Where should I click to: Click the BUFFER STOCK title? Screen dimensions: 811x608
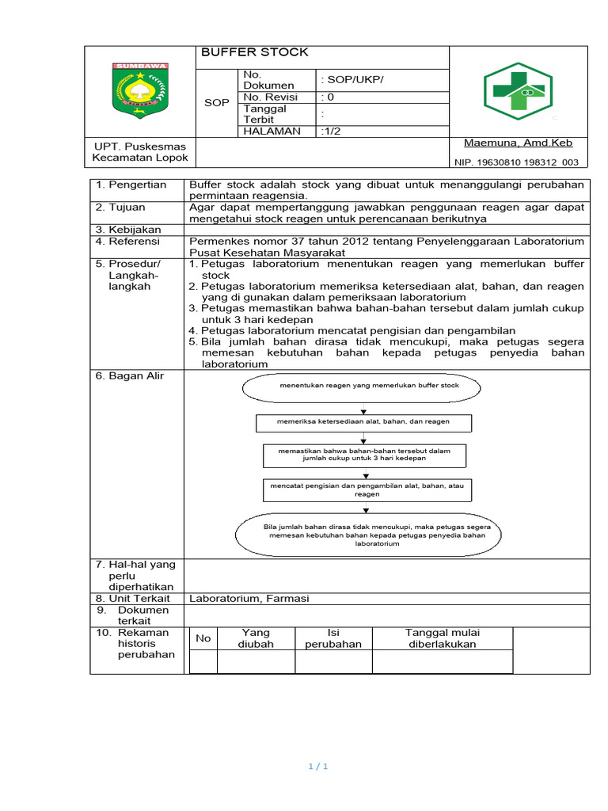[x=254, y=53]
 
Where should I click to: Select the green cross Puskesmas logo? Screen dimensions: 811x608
[x=519, y=91]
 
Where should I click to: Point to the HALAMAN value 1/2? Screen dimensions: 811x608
[x=332, y=131]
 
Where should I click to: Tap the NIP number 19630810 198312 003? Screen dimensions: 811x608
[x=515, y=162]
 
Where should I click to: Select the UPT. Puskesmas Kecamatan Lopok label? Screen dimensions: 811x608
[x=140, y=152]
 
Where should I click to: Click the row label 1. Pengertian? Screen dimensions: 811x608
[x=131, y=185]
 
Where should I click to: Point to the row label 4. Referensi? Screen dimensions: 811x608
[x=128, y=242]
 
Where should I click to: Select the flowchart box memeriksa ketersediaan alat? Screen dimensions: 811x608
[x=363, y=422]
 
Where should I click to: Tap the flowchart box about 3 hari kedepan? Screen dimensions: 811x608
[x=364, y=455]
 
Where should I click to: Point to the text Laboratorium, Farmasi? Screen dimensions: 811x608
[x=249, y=599]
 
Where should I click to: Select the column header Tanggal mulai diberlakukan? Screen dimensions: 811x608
[x=443, y=638]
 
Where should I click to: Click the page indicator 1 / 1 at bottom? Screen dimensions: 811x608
[x=317, y=767]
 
